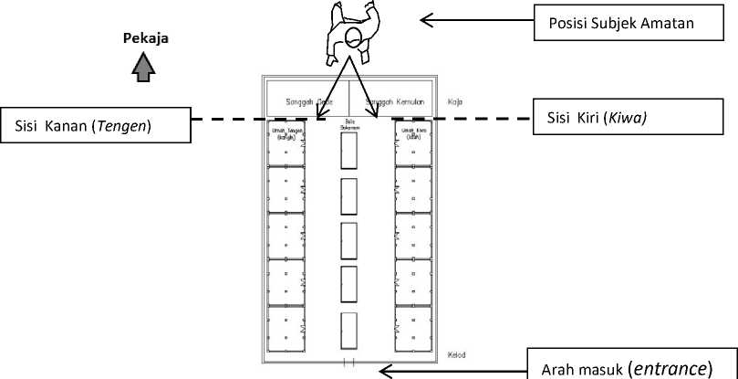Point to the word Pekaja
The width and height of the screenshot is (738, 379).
click(146, 39)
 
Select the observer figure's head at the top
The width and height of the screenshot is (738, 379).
click(351, 37)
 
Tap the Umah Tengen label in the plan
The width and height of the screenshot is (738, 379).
click(286, 134)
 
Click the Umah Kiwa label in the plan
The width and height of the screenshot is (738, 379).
click(414, 134)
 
